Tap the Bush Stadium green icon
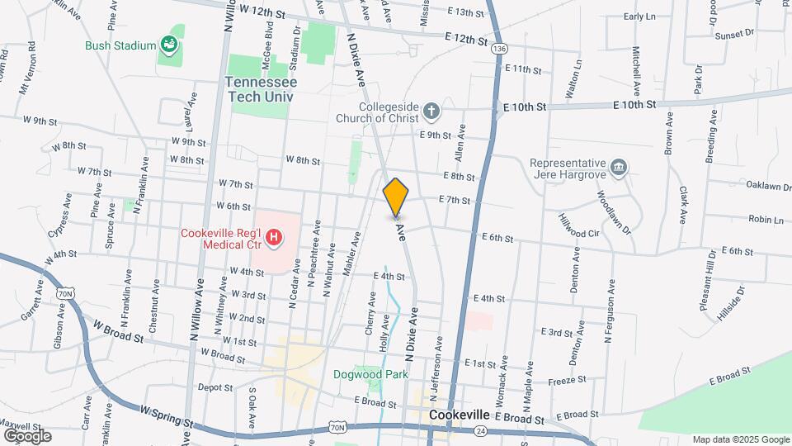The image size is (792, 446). [171, 43]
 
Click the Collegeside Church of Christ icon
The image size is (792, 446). [431, 111]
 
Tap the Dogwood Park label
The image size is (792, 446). [370, 374]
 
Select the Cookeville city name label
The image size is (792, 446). [459, 415]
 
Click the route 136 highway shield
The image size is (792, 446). [497, 50]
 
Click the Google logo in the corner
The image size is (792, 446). [27, 435]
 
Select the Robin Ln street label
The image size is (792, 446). [766, 219]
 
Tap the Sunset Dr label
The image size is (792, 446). [735, 35]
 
